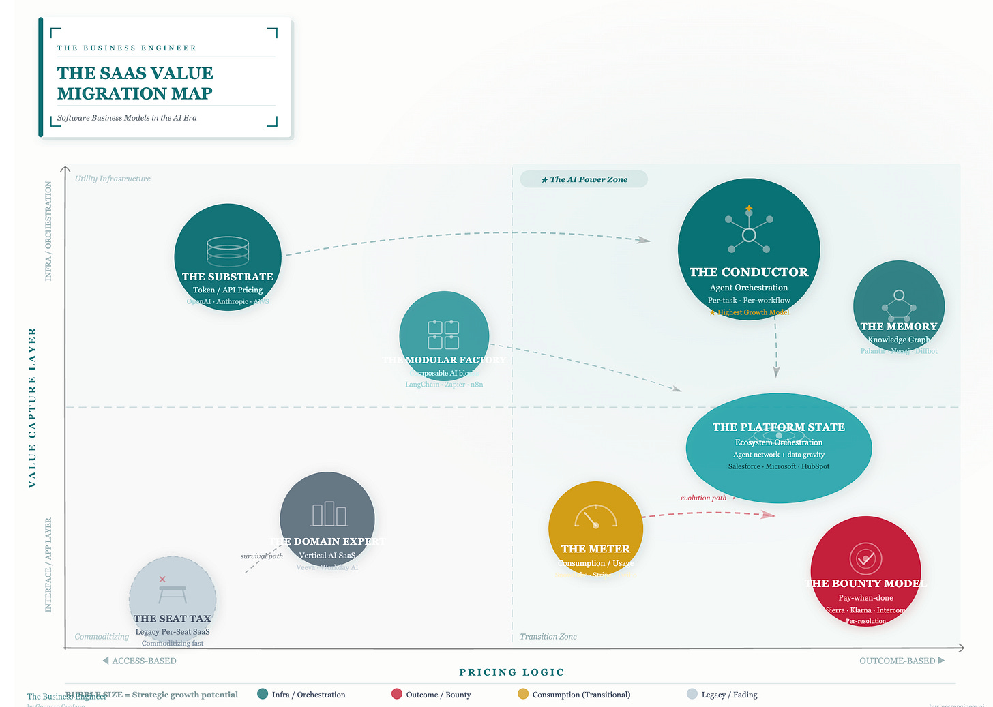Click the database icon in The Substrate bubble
click(x=228, y=250)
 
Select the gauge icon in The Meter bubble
click(x=595, y=517)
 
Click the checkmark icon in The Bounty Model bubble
click(x=865, y=559)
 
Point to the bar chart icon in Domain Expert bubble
click(x=329, y=514)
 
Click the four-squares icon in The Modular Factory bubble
click(x=443, y=335)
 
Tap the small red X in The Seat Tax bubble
click(x=162, y=580)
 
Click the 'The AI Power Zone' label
click(x=584, y=179)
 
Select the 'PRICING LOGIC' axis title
click(x=512, y=672)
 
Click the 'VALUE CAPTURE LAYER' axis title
click(x=32, y=408)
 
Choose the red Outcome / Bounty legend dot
click(x=397, y=694)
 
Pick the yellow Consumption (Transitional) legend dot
click(x=523, y=694)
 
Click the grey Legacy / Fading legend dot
click(x=692, y=694)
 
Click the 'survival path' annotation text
click(x=262, y=556)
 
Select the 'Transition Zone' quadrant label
click(x=548, y=636)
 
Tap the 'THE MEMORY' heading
click(x=899, y=327)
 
